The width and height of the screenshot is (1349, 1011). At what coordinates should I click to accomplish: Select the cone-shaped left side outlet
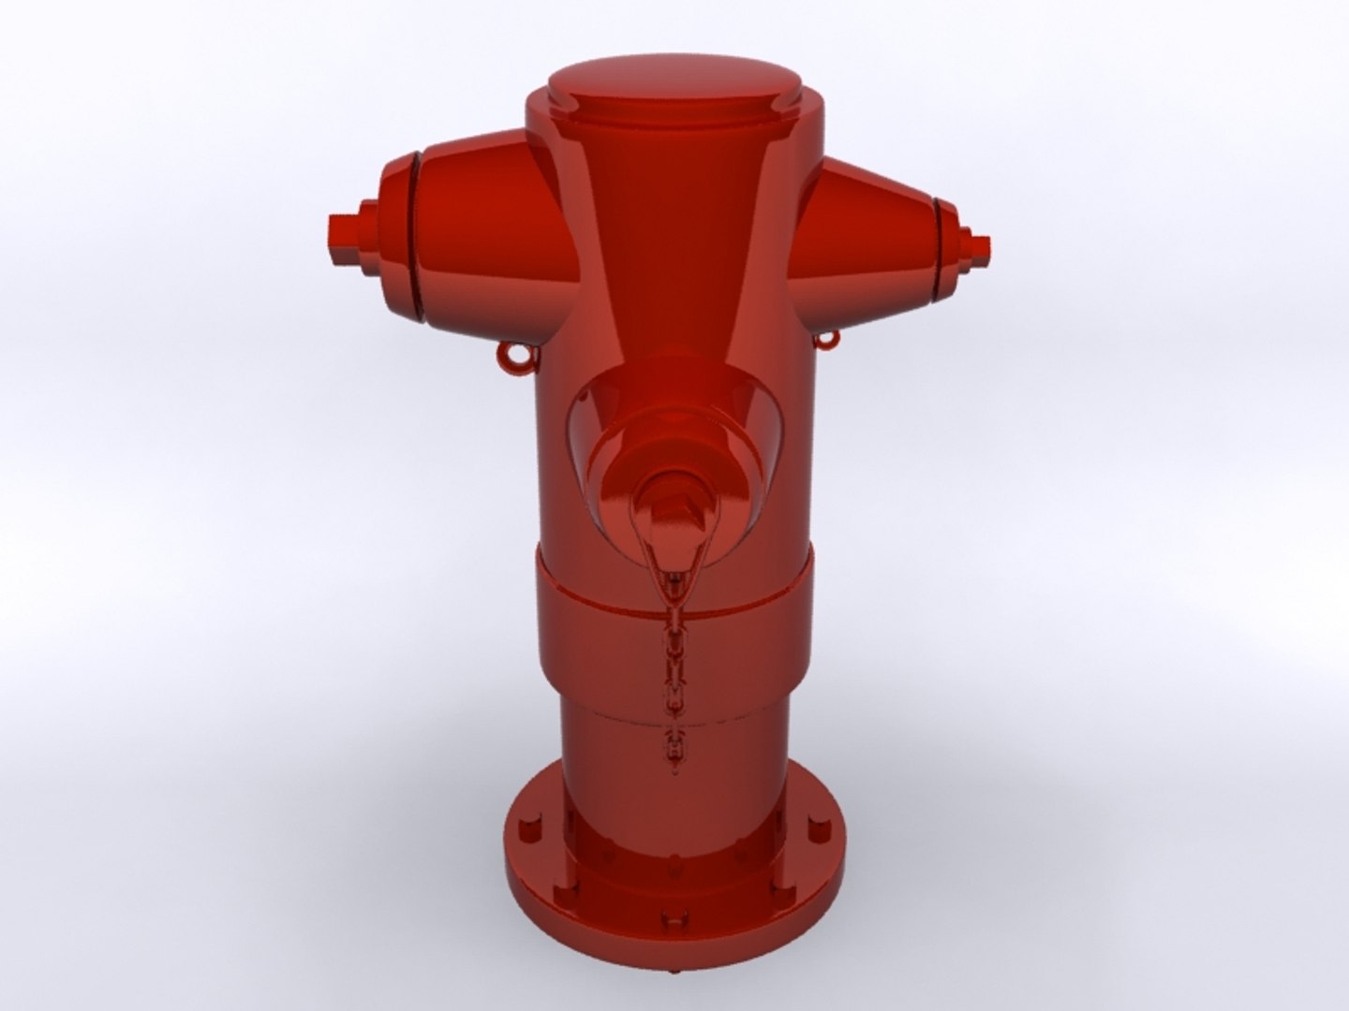[x=487, y=234]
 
